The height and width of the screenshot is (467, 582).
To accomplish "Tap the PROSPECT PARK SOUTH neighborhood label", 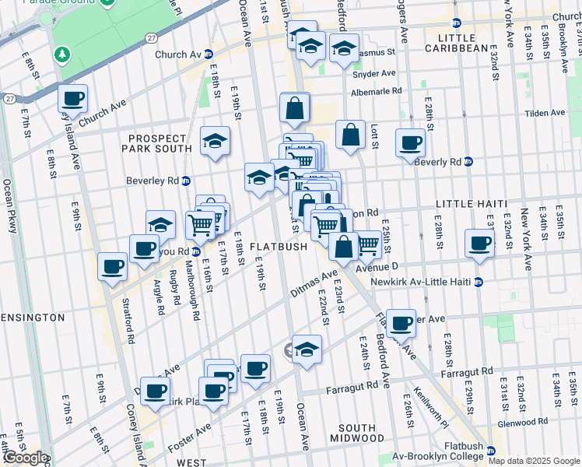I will click(x=160, y=143).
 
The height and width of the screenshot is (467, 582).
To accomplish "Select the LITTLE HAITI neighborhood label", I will click(x=465, y=204).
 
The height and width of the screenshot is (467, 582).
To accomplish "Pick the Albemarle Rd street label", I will click(x=377, y=90).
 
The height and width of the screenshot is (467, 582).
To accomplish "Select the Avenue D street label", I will click(x=377, y=267).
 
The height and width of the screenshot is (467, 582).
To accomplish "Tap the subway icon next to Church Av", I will click(x=209, y=54).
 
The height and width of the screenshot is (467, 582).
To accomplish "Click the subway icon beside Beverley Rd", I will click(x=186, y=181).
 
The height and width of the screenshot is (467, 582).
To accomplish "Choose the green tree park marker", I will click(x=61, y=56).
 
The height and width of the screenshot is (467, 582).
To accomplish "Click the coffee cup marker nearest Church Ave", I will click(x=72, y=98).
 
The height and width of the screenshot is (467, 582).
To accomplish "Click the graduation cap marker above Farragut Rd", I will click(x=307, y=349).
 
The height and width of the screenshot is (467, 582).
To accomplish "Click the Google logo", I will click(x=25, y=458).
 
